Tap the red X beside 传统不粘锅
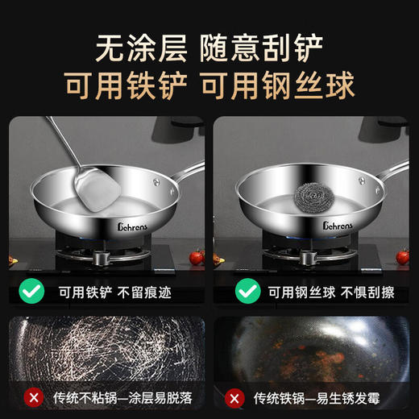point(33,397)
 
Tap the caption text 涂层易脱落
point(166,398)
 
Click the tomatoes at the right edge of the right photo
point(402,257)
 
